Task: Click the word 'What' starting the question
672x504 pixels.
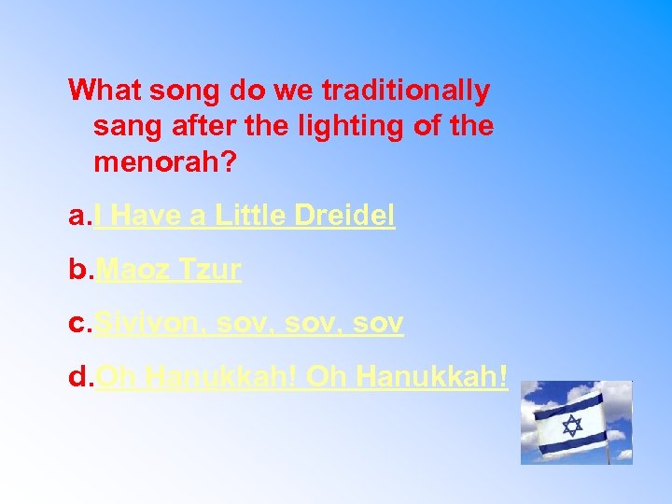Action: click(103, 91)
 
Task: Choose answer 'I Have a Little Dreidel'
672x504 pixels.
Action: click(245, 217)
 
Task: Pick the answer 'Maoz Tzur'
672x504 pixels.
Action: click(169, 270)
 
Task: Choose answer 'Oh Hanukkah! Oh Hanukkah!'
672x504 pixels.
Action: click(302, 377)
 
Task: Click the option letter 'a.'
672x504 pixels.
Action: click(81, 217)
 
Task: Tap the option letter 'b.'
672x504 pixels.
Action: click(81, 270)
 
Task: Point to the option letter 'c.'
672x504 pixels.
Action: click(81, 324)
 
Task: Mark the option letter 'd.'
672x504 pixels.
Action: click(81, 377)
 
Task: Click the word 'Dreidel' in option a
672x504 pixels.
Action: click(344, 217)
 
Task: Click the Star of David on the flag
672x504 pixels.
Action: click(571, 426)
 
